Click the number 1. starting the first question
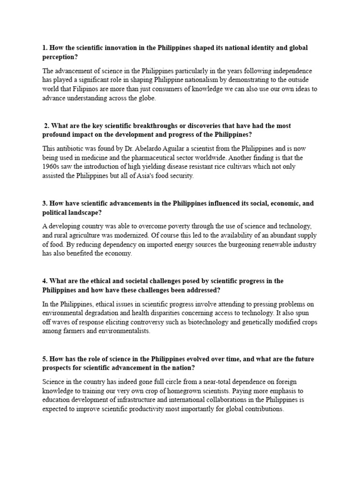click(45, 48)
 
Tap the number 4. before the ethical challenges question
click(45, 281)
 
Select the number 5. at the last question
click(45, 359)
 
